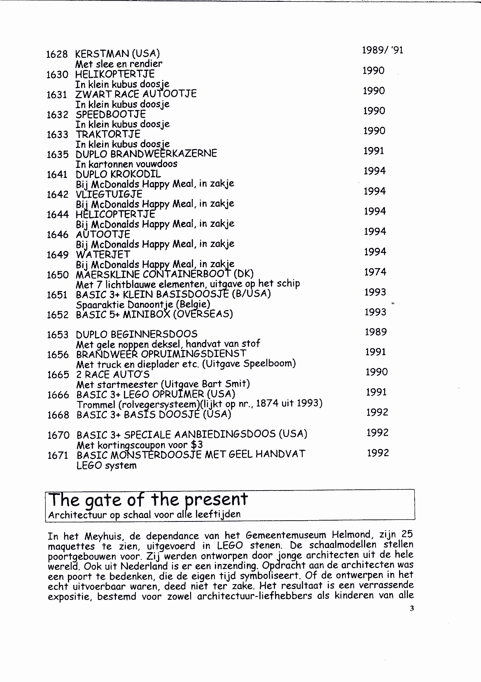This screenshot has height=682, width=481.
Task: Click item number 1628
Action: pos(57,54)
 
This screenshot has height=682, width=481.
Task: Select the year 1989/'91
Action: pos(383,50)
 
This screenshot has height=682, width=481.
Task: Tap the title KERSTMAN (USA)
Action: pos(117,54)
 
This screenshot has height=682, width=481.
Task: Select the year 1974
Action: pos(375,272)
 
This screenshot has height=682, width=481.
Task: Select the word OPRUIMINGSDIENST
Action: pos(193,354)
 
